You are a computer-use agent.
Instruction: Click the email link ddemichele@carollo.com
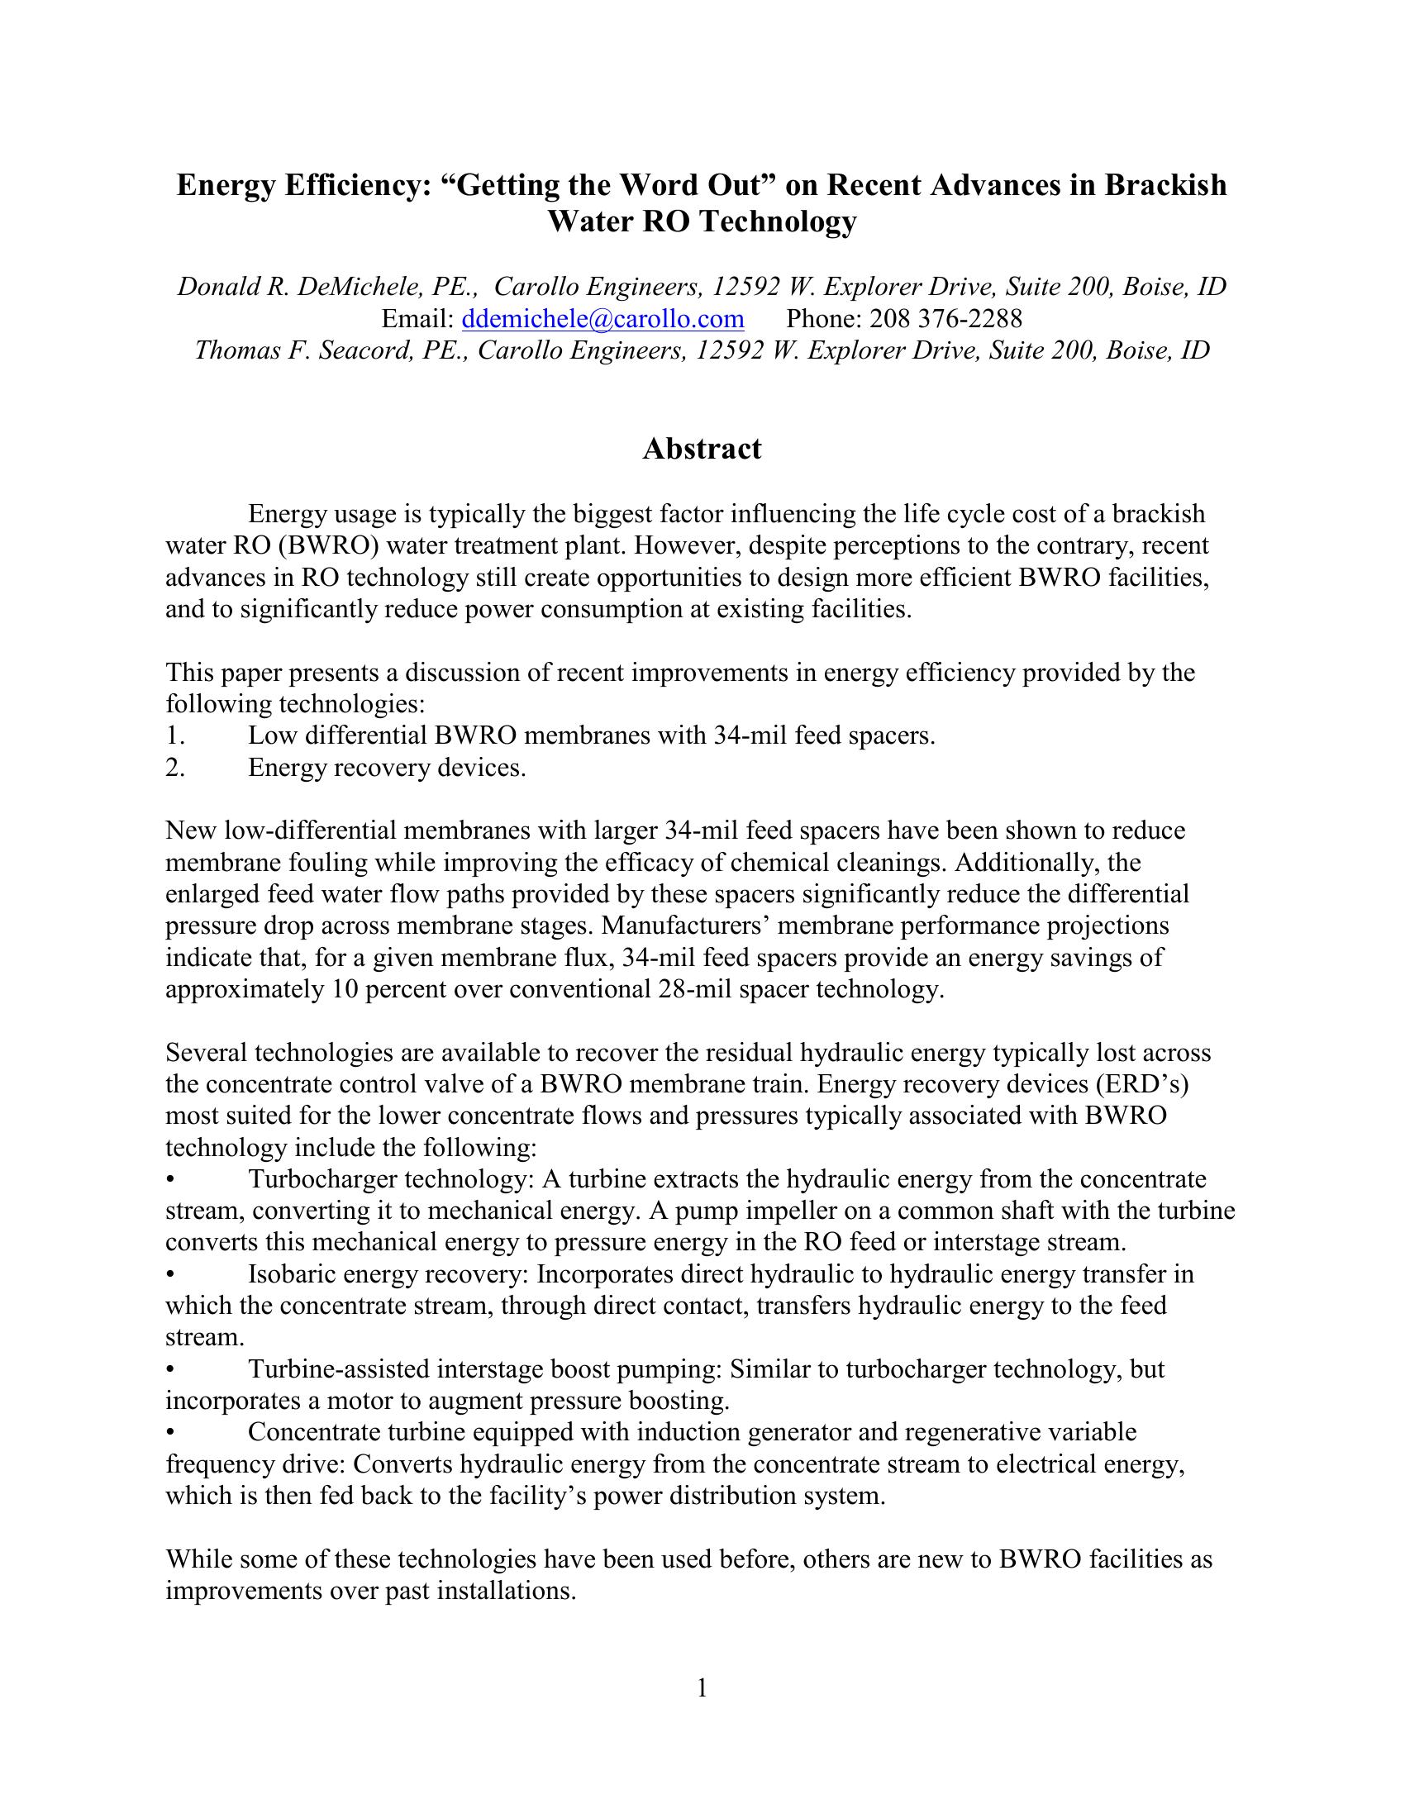[602, 319]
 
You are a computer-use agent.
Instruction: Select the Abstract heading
[702, 450]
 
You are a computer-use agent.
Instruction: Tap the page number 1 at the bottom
[702, 1688]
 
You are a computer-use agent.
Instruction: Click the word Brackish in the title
[1165, 185]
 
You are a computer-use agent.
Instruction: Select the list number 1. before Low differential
[174, 735]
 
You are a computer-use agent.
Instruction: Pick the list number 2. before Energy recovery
[174, 768]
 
